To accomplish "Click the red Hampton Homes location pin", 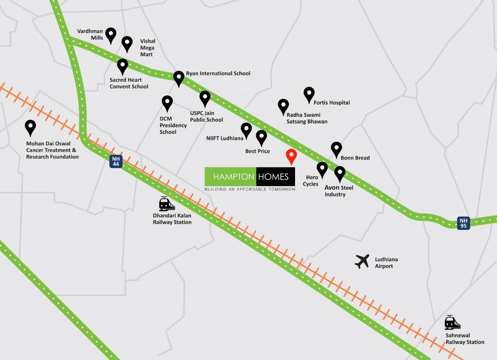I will (291, 156).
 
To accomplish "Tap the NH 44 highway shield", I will (116, 161).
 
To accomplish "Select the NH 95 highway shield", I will (464, 223).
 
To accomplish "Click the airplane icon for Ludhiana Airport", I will (362, 261).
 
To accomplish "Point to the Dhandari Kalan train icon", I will (166, 204).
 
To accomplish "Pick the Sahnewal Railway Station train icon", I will (452, 323).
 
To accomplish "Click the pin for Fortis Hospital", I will (309, 94).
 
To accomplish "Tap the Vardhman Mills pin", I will (111, 35).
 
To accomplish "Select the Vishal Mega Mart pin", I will (127, 44).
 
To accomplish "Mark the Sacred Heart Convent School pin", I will (122, 66).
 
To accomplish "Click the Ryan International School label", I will (218, 74).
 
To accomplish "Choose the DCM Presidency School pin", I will (167, 103).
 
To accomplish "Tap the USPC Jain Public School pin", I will (205, 98).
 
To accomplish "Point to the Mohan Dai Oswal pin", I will (30, 127).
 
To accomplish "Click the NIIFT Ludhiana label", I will (225, 138).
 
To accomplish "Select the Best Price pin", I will (262, 137).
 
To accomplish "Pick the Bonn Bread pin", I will (336, 149).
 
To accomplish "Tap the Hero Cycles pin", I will (322, 169).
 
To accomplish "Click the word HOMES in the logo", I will (276, 177).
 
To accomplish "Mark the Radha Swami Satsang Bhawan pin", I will (283, 106).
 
